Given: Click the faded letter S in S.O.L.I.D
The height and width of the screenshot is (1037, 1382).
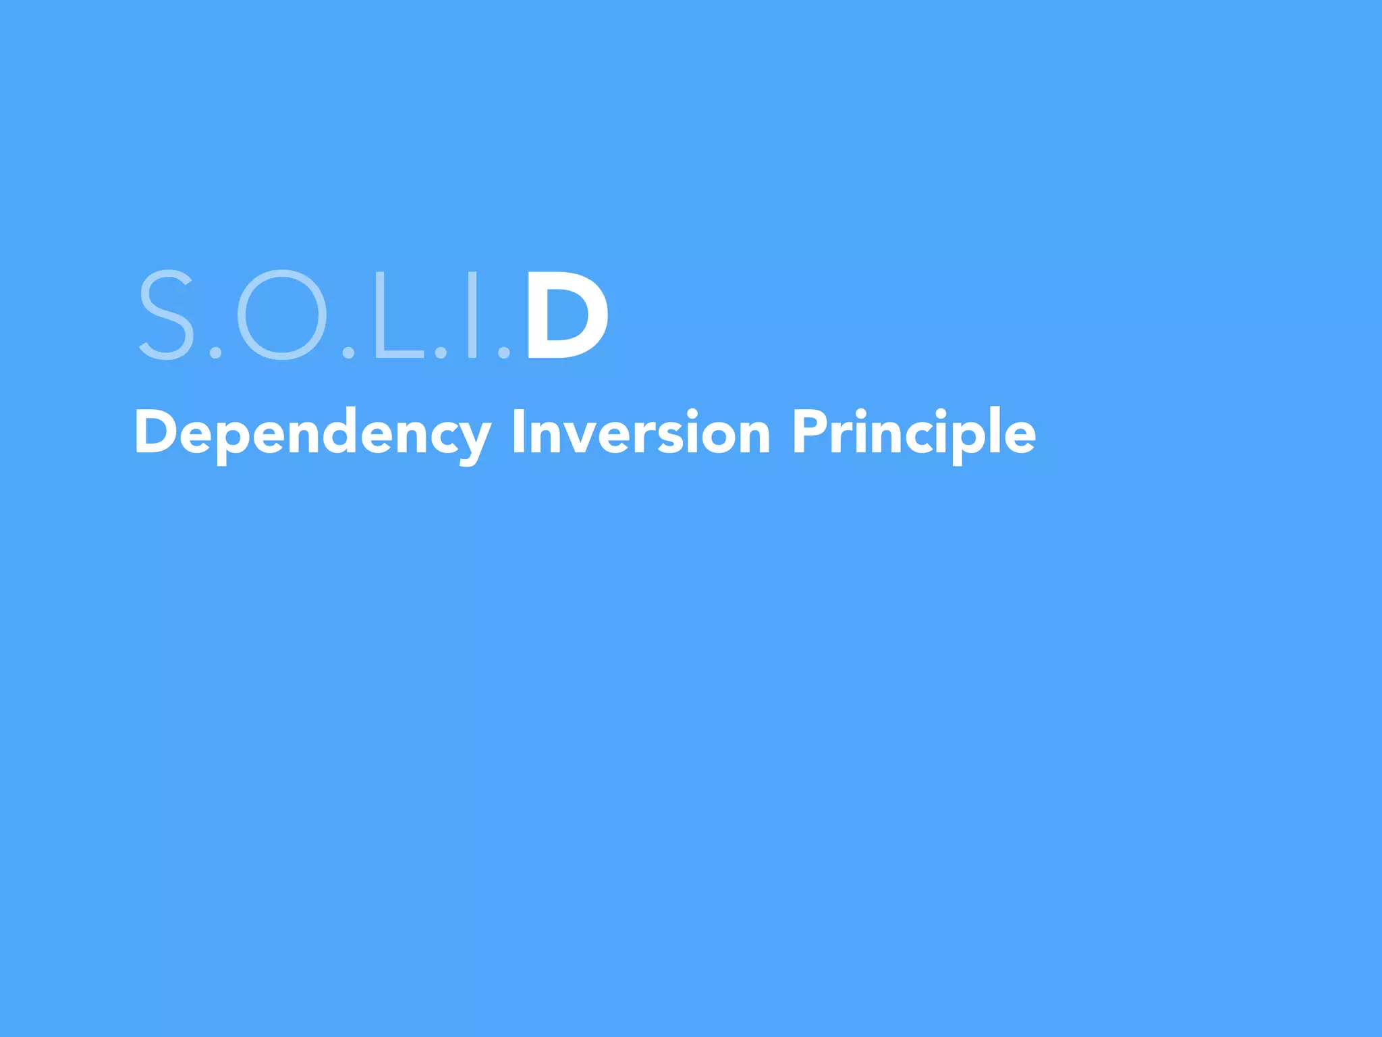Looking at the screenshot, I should click(166, 315).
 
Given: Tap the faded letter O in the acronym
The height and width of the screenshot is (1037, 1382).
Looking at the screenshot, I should click(282, 315).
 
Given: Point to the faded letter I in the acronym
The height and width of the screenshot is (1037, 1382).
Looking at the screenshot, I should click(473, 315).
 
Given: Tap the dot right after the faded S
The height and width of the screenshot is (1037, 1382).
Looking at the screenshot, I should click(215, 352).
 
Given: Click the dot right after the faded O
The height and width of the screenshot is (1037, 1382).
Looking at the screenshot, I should click(349, 352).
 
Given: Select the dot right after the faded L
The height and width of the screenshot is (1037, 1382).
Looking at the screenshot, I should click(441, 352).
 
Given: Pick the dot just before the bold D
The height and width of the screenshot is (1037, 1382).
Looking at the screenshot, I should click(503, 352).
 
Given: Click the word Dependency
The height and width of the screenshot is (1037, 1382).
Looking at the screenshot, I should click(312, 433).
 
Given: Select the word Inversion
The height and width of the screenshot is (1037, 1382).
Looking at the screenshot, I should click(640, 433).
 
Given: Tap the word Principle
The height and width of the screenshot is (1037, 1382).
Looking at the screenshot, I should click(914, 433).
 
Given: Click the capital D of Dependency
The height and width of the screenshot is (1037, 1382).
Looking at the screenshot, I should click(156, 433).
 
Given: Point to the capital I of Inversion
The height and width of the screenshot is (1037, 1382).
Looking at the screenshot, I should click(518, 433).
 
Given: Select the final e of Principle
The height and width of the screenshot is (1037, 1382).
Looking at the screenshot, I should click(1018, 437).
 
